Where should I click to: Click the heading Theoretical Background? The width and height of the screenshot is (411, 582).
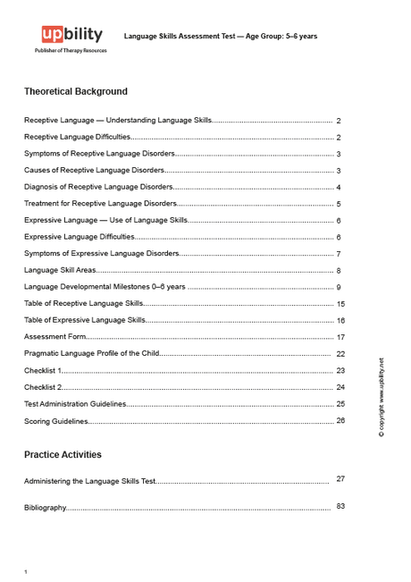point(76,91)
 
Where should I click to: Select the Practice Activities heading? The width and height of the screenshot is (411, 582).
point(63,454)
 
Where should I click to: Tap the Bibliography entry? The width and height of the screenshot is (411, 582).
point(46,508)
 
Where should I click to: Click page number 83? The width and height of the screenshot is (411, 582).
point(340,506)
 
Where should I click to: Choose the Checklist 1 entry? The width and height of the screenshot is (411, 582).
point(43,370)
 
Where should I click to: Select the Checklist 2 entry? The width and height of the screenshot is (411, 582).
point(43,387)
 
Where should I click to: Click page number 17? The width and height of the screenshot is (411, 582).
point(340,337)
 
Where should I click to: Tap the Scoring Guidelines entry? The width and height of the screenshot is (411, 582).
point(56,421)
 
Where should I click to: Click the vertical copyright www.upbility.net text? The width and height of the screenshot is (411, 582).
point(382,397)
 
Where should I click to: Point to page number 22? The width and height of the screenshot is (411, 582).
point(340,353)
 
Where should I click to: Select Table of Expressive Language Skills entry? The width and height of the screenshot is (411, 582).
point(85,320)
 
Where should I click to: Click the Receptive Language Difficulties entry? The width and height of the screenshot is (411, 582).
point(78,137)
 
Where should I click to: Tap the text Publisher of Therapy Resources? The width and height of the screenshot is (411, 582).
point(71,52)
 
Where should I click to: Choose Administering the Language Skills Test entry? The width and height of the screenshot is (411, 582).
point(90,481)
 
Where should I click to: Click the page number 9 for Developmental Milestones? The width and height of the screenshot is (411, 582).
point(339,287)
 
